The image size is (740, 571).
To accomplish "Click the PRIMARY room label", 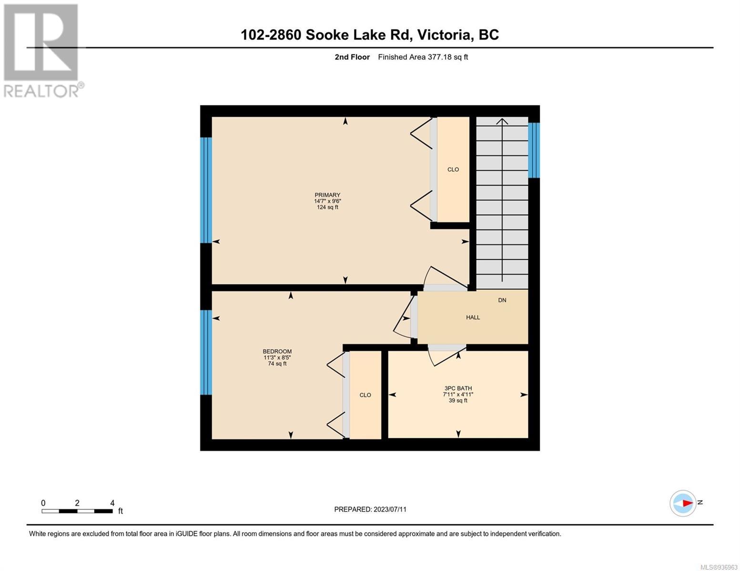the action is [327, 195].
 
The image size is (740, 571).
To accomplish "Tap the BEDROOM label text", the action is [277, 351].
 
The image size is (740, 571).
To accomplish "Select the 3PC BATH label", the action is [458, 388].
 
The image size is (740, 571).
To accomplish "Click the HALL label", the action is [473, 317].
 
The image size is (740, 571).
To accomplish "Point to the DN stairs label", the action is [502, 300].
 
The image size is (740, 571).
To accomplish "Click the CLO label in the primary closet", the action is [453, 169].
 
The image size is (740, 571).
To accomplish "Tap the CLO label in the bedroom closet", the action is [365, 395].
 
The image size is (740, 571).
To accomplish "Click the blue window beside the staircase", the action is [534, 150].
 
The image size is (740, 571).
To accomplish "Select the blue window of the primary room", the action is [206, 190].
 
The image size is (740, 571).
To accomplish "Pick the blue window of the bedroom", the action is [206, 352].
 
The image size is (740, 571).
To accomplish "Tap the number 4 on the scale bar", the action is [112, 502].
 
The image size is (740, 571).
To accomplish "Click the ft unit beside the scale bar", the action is [120, 511].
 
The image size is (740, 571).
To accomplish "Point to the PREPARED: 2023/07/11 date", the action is [370, 509].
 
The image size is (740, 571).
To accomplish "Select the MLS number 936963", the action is [719, 567].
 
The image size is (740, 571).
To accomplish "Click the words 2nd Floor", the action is [352, 57].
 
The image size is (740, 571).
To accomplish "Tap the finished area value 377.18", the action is [439, 57].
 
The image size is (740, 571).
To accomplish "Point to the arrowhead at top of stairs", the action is [502, 121].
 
